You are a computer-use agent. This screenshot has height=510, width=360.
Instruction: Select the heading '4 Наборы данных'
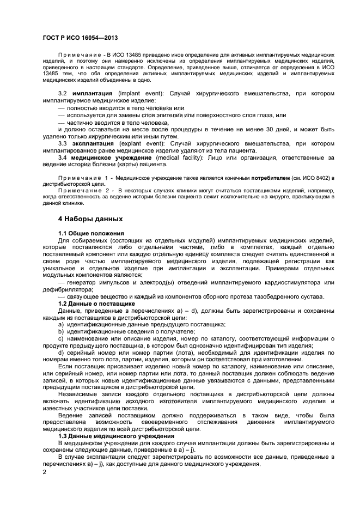click(90, 218)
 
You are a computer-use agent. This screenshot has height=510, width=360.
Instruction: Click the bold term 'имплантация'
click(93, 94)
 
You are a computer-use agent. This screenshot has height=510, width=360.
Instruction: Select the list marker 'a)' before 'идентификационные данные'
click(62, 324)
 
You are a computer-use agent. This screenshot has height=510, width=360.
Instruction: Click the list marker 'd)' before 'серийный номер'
click(62, 353)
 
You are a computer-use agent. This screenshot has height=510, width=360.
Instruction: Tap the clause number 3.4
click(63, 157)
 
